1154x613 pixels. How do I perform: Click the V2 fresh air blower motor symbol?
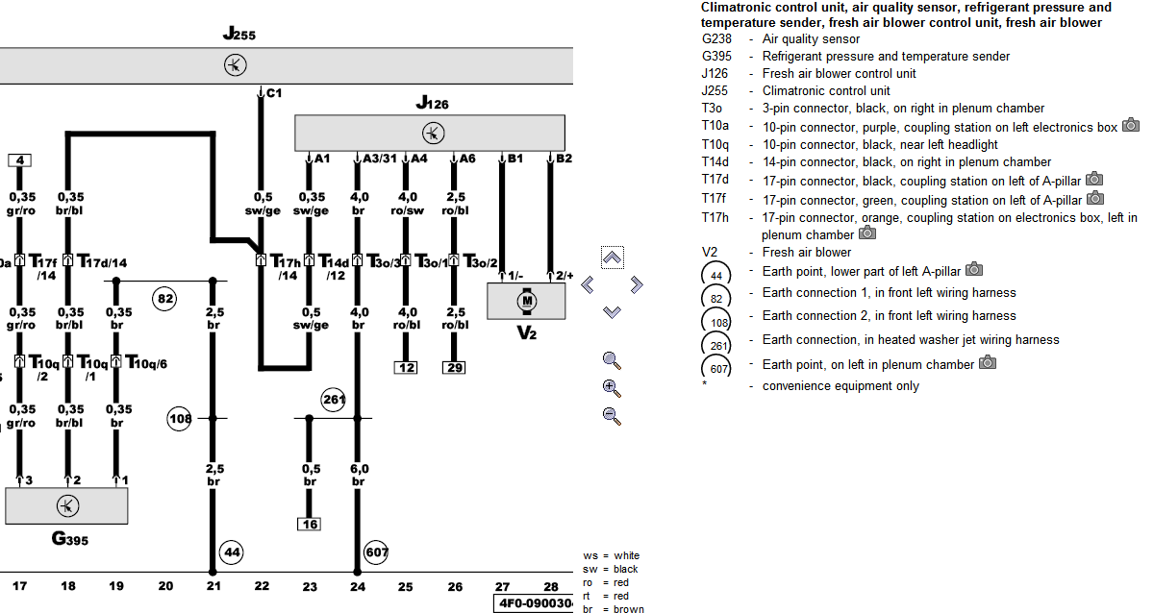pyautogui.click(x=526, y=302)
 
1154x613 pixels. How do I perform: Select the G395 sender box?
pyautogui.click(x=66, y=505)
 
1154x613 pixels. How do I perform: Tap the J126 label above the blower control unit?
pyautogui.click(x=432, y=103)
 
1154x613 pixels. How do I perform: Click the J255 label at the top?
pyautogui.click(x=238, y=35)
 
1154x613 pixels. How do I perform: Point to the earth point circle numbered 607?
pyautogui.click(x=376, y=552)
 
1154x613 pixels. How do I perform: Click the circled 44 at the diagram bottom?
pyautogui.click(x=232, y=552)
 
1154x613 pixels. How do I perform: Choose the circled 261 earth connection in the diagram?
pyautogui.click(x=333, y=398)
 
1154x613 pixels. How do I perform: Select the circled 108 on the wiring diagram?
pyautogui.click(x=180, y=418)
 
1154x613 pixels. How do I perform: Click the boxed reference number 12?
pyautogui.click(x=405, y=367)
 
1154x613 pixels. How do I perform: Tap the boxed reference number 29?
pyautogui.click(x=454, y=367)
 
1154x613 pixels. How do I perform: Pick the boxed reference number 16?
pyautogui.click(x=309, y=525)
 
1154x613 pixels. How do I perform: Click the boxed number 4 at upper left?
pyautogui.click(x=20, y=160)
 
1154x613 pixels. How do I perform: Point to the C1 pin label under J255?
pyautogui.click(x=273, y=93)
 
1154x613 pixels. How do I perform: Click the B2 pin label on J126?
pyautogui.click(x=563, y=158)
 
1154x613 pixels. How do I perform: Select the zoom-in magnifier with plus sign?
pyautogui.click(x=611, y=388)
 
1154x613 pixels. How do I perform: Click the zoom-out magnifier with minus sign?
pyautogui.click(x=611, y=415)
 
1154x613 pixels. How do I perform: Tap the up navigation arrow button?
pyautogui.click(x=612, y=257)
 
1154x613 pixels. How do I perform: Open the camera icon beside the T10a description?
pyautogui.click(x=1131, y=125)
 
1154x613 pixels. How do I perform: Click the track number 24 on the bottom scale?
pyautogui.click(x=358, y=585)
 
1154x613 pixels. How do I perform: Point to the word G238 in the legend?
pyautogui.click(x=716, y=39)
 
